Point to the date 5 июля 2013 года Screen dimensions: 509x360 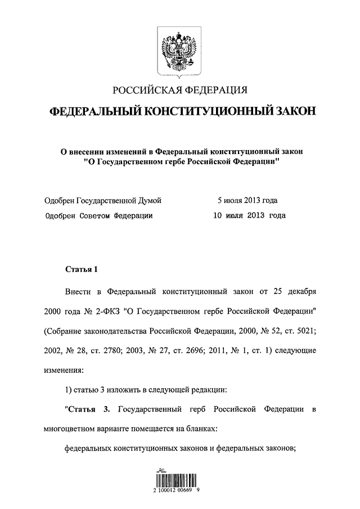pos(248,200)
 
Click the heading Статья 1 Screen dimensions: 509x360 pos(82,269)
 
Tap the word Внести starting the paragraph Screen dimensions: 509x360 pos(78,293)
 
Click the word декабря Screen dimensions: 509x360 pos(300,293)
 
